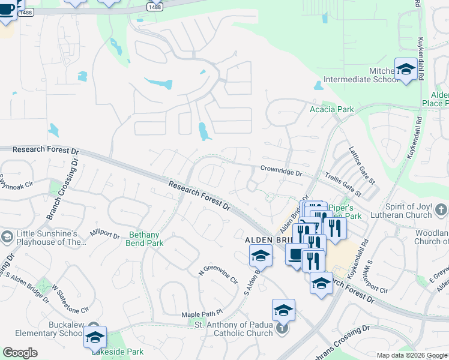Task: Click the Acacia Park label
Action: pyautogui.click(x=331, y=109)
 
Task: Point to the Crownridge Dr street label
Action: pyautogui.click(x=281, y=172)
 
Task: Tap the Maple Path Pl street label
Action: pyautogui.click(x=202, y=314)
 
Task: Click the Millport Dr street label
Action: pyautogui.click(x=104, y=233)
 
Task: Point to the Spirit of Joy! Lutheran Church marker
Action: pyautogui.click(x=441, y=209)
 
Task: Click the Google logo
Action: pyautogui.click(x=20, y=353)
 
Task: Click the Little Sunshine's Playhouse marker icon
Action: pyautogui.click(x=7, y=238)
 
